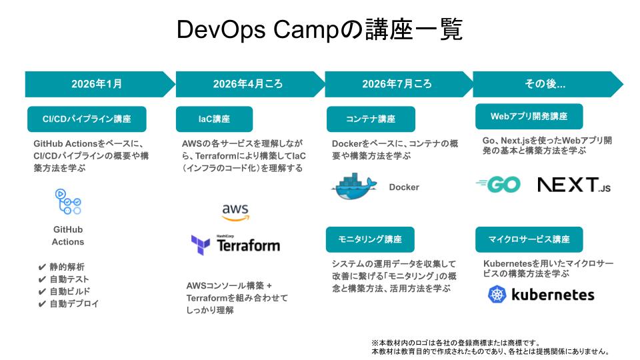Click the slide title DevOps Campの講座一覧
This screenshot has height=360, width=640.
click(319, 30)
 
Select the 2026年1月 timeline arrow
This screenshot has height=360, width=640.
click(97, 84)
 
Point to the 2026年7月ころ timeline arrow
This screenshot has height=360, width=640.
click(397, 84)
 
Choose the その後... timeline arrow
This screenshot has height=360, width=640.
click(545, 84)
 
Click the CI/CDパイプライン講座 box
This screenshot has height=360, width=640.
click(87, 119)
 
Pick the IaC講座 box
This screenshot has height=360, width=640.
click(214, 119)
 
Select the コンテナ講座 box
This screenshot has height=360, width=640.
click(371, 119)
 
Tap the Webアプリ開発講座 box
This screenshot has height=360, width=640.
click(529, 116)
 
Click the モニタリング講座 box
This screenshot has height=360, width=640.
click(370, 239)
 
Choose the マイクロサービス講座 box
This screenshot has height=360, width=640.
click(529, 239)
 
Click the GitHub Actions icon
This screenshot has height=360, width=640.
click(68, 202)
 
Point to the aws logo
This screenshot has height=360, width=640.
click(235, 212)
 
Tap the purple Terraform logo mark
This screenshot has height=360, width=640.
click(201, 245)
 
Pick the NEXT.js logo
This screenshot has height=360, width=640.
click(573, 185)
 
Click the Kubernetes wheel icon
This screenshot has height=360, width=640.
click(497, 294)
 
